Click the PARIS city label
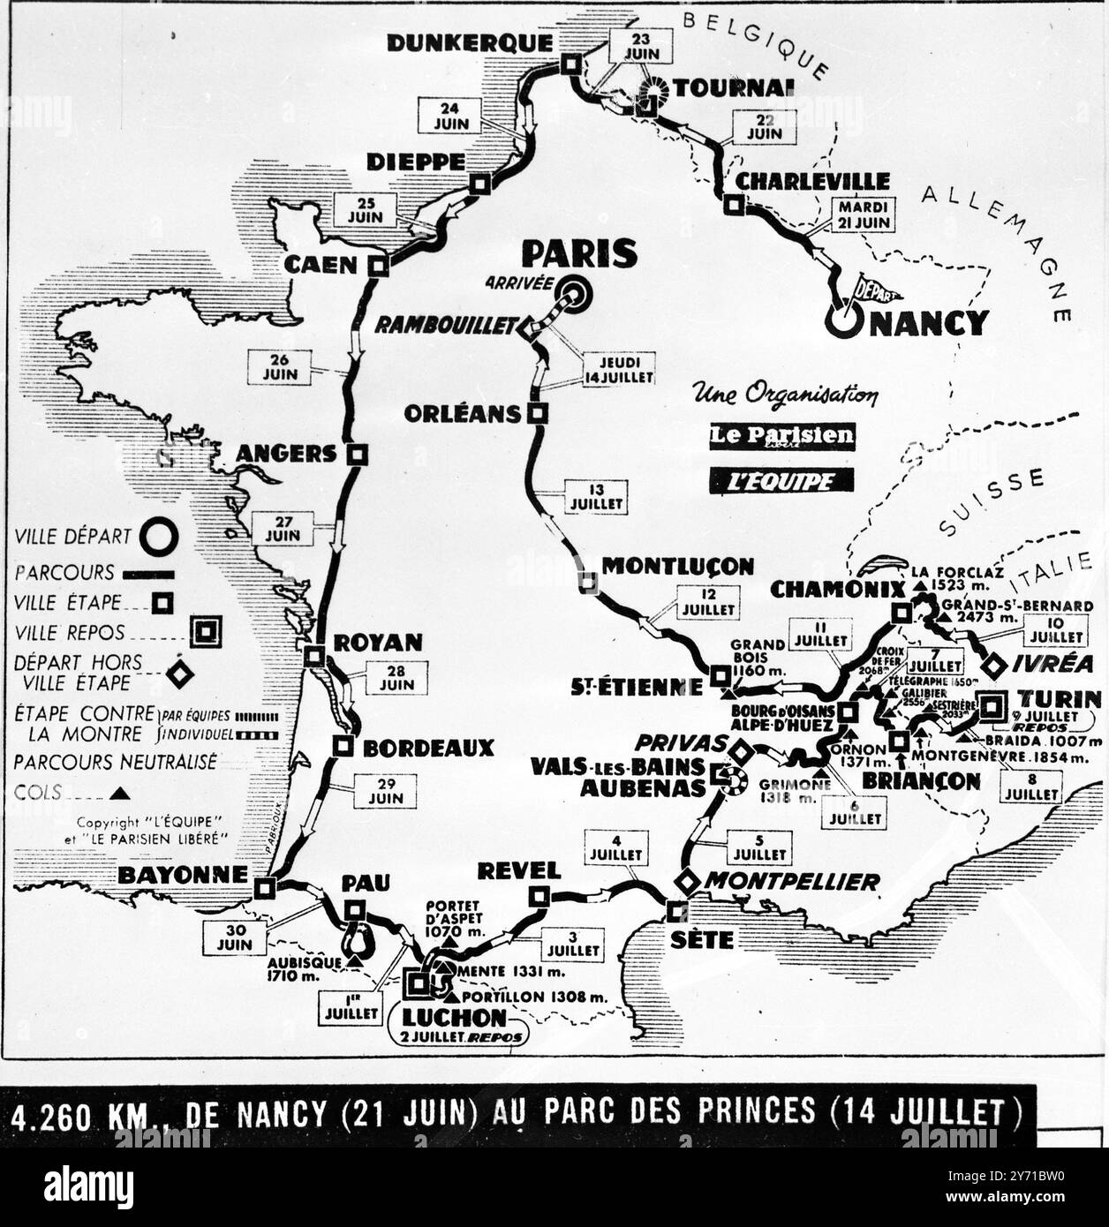tap(578, 253)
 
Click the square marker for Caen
tap(379, 266)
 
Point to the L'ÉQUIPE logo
tap(781, 480)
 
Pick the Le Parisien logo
tap(781, 436)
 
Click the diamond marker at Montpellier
tap(685, 881)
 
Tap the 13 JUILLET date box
tap(597, 498)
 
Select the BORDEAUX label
tap(428, 748)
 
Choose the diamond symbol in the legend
tap(181, 674)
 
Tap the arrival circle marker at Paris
tap(575, 294)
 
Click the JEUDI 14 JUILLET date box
tap(618, 369)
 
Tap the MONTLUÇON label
tap(677, 566)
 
